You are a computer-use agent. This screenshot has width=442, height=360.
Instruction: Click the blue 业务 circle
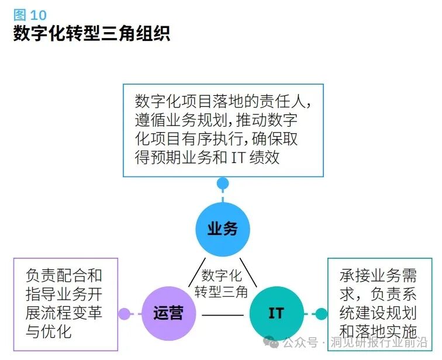[x=223, y=229]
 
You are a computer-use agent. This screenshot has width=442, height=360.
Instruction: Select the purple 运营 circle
[x=169, y=313]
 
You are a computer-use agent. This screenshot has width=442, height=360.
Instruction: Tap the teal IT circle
[x=276, y=313]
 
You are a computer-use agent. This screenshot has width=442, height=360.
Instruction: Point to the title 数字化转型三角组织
[x=92, y=33]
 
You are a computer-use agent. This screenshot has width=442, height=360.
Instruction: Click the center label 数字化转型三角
[x=222, y=283]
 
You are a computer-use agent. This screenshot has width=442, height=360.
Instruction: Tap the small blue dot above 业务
[x=223, y=184]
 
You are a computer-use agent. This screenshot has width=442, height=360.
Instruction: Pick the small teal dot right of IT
[x=321, y=314]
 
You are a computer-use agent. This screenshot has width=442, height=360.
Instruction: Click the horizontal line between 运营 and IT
[x=222, y=316]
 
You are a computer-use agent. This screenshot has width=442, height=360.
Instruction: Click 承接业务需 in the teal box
[x=378, y=275]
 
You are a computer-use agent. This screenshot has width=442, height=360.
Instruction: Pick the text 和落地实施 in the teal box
[x=378, y=331]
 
